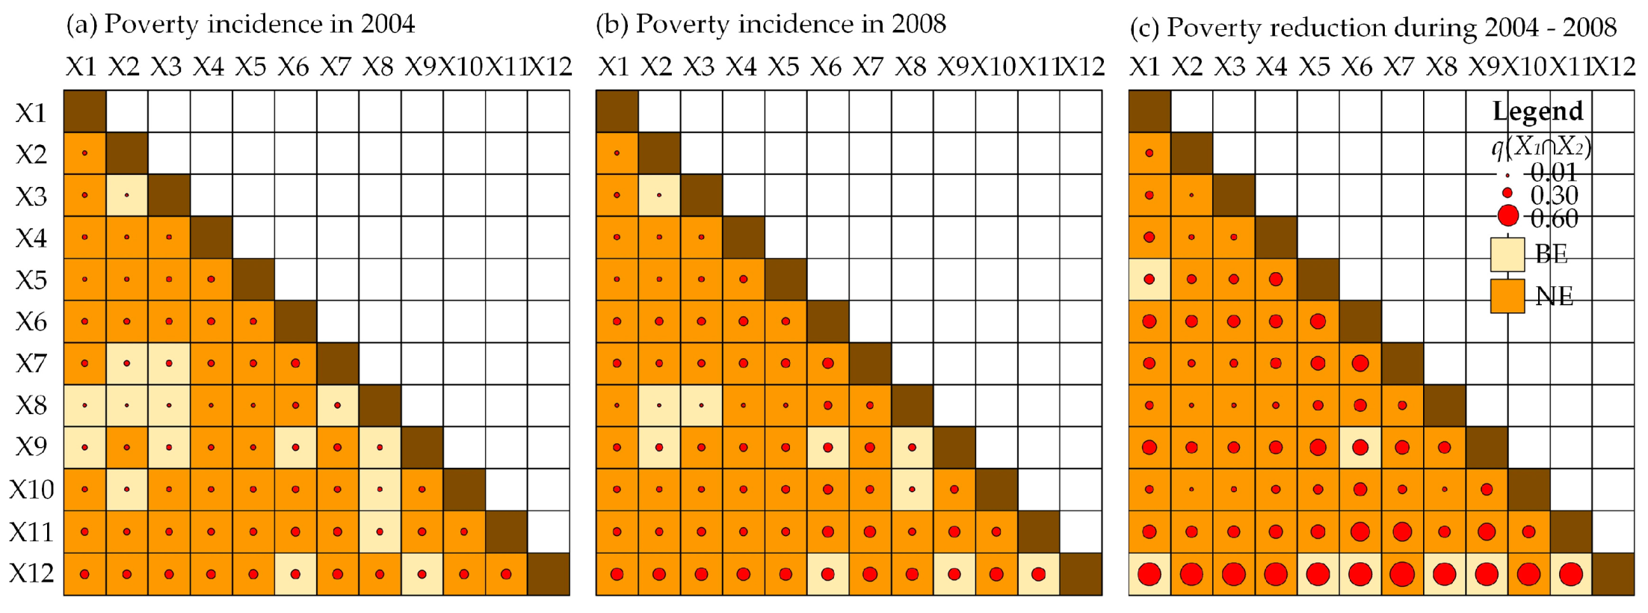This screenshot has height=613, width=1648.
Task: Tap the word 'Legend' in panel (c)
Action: [x=1537, y=111]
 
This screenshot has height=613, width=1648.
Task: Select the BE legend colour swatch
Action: [x=1507, y=254]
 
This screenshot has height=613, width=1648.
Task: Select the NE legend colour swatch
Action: [x=1507, y=296]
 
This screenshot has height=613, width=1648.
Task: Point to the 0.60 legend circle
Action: [x=1508, y=217]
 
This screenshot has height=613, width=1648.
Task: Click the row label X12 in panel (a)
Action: [x=31, y=573]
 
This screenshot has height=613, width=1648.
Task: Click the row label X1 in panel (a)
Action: [x=31, y=113]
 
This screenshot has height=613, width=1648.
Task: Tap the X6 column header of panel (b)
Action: [x=826, y=67]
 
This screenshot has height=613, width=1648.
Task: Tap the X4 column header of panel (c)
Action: [x=1271, y=67]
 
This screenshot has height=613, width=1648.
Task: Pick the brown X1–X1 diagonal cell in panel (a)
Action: [x=84, y=111]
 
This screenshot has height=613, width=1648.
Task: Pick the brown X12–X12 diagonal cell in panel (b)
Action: [x=1081, y=574]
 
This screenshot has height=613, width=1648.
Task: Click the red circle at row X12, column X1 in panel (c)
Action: [x=1149, y=574]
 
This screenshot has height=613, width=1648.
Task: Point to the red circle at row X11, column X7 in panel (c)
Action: [x=1402, y=532]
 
